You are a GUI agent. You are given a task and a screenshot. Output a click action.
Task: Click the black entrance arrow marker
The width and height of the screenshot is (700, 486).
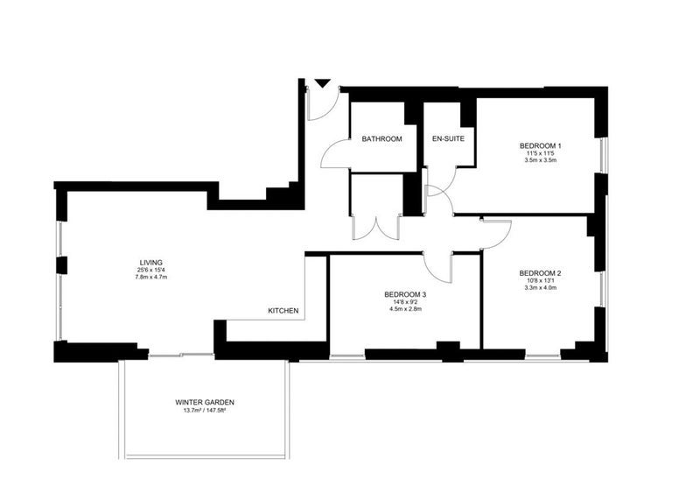tap(322, 83)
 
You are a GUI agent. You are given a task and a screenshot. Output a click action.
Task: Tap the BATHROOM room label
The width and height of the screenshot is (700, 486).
tap(381, 139)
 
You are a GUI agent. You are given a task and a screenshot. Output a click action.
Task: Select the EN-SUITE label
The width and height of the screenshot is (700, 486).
tap(448, 138)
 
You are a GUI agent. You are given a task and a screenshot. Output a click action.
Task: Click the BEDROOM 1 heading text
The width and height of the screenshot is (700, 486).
tap(540, 145)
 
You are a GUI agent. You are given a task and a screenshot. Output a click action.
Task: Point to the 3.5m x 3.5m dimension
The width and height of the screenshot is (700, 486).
tap(540, 159)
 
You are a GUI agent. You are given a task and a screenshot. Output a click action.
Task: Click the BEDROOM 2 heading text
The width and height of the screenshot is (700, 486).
tap(540, 273)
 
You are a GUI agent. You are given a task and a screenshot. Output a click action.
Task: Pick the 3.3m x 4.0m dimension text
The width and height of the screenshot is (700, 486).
tap(540, 288)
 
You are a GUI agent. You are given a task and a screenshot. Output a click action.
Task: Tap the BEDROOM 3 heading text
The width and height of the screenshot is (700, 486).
tap(405, 295)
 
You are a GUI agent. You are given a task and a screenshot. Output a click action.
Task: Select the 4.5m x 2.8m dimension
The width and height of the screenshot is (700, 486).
tap(405, 308)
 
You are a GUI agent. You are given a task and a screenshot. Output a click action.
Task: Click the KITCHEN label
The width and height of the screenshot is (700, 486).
tap(283, 311)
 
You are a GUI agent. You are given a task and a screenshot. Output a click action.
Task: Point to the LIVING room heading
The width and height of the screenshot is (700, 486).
tap(150, 263)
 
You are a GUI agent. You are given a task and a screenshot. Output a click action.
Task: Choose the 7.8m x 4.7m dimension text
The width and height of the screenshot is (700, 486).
tap(150, 277)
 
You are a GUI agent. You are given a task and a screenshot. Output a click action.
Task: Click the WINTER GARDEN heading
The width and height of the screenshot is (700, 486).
tap(205, 403)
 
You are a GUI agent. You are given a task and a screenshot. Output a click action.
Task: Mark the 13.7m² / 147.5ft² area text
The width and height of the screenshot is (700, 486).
tap(205, 411)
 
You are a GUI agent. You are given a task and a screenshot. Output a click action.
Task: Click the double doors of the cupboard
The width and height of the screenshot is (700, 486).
tap(377, 229)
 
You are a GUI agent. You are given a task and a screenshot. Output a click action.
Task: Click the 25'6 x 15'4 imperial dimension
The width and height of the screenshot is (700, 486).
tap(150, 270)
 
